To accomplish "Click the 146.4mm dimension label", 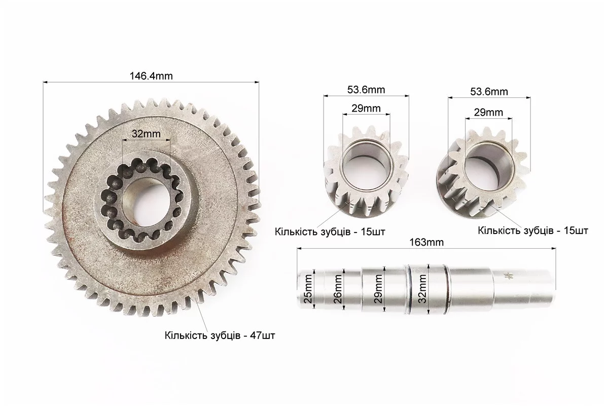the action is click(151, 76).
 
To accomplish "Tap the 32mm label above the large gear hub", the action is click(146, 133).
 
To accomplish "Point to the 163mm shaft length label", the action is click(426, 242).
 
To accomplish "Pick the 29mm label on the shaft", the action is click(378, 288).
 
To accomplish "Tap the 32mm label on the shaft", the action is click(422, 288).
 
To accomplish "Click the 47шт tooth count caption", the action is click(220, 335).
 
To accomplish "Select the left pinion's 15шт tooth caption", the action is click(330, 231).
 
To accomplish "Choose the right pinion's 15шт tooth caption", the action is click(533, 230).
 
